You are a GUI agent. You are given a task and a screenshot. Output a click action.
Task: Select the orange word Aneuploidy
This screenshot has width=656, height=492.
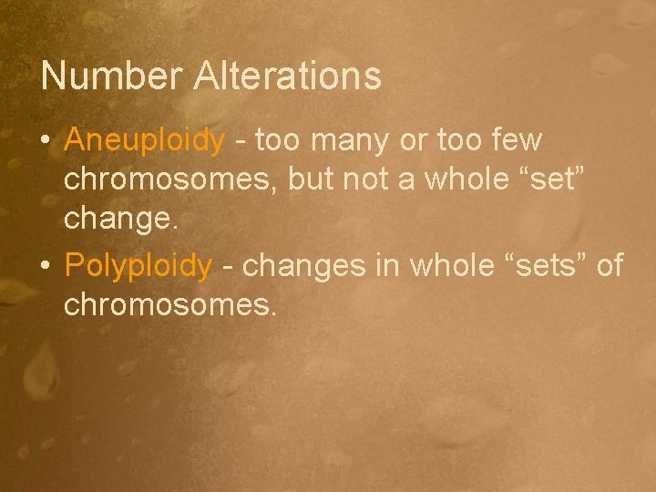coord(144,140)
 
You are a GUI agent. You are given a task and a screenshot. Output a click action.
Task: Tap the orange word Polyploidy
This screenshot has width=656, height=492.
coord(138,265)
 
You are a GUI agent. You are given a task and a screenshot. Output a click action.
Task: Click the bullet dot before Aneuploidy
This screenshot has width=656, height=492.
coord(46,142)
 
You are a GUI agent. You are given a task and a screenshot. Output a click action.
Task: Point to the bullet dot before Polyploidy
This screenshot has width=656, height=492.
coord(46,266)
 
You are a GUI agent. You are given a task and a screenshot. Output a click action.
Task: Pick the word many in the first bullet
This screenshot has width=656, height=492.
coord(347,141)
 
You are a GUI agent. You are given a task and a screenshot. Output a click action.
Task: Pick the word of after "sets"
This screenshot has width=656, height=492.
coord(609,265)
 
